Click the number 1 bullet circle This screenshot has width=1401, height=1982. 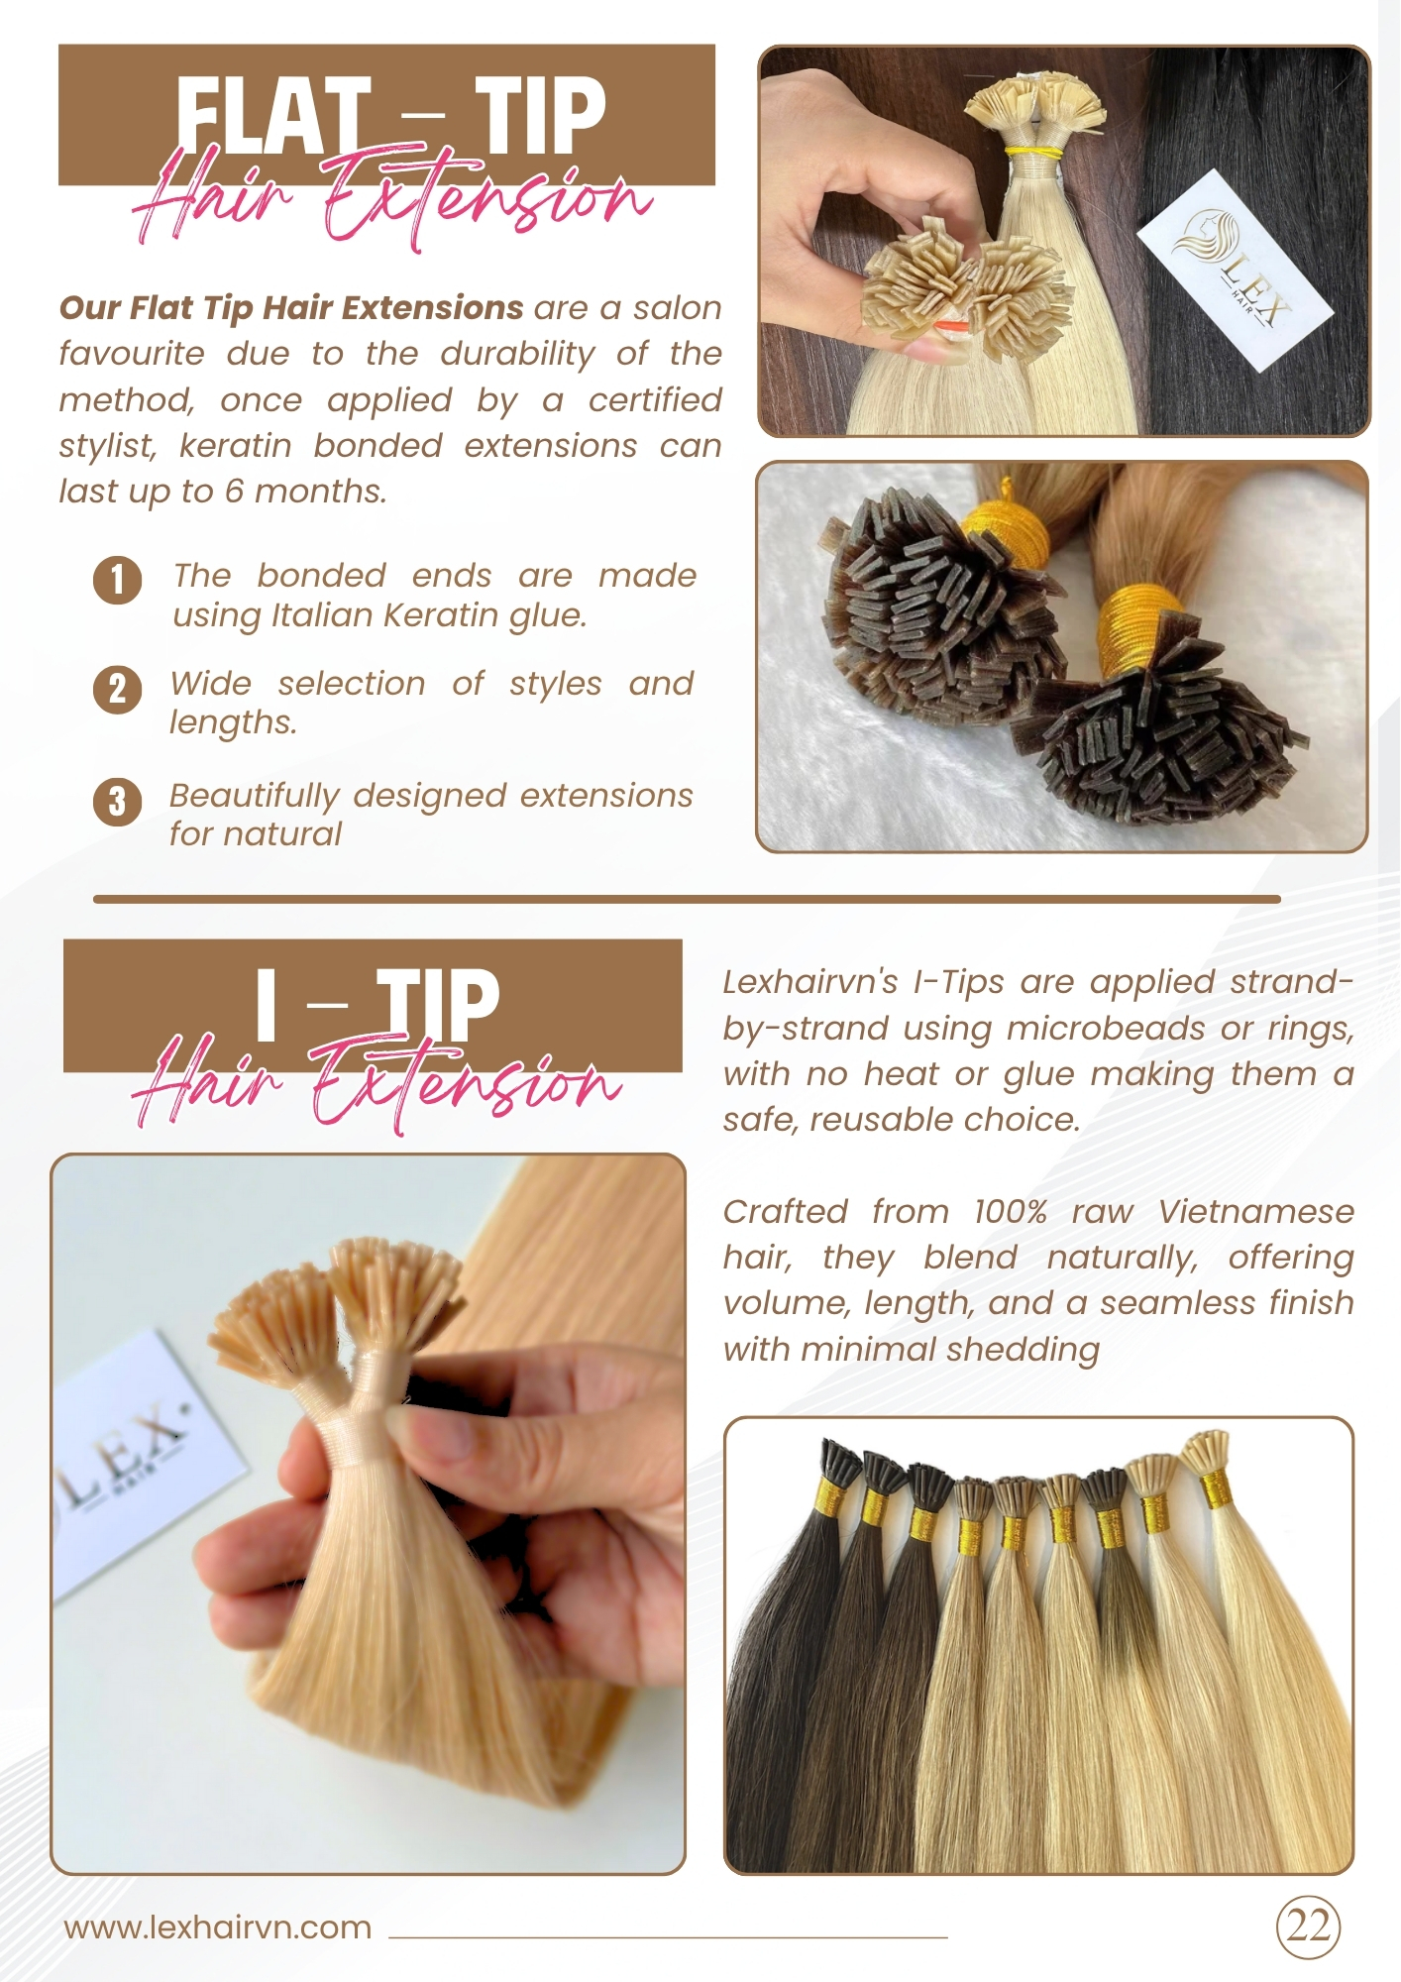[x=118, y=580]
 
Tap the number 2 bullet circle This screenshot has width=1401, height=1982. [x=118, y=689]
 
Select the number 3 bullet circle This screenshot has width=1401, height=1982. [x=118, y=801]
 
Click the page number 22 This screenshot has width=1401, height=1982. [x=1308, y=1927]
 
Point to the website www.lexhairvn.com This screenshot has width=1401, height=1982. [x=218, y=1927]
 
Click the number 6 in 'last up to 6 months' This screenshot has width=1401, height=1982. [x=234, y=492]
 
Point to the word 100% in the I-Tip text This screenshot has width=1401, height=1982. [x=1010, y=1211]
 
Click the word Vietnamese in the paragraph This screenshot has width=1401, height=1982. [x=1255, y=1211]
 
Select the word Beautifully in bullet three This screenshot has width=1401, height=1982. [x=255, y=797]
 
